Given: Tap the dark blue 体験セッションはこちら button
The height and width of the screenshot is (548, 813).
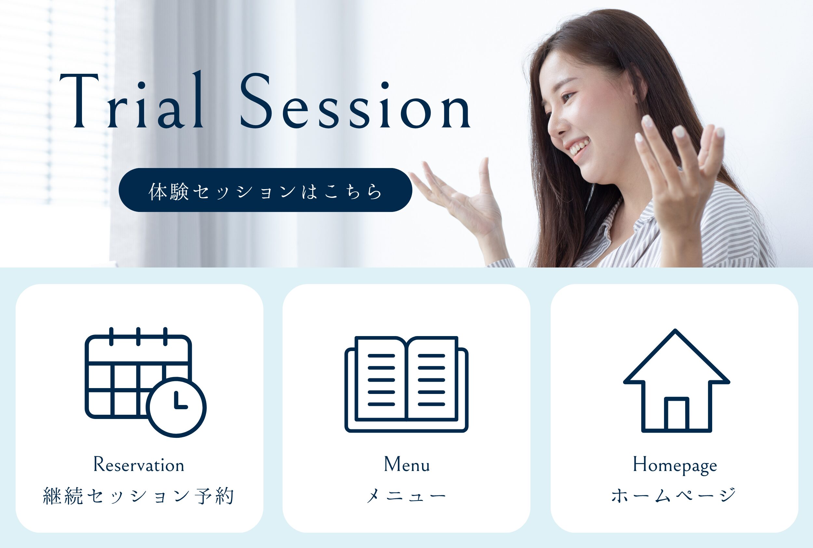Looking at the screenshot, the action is pos(265,190).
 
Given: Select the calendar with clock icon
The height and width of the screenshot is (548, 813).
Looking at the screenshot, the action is pos(145,382).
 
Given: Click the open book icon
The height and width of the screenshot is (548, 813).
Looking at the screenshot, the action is pos(406,384).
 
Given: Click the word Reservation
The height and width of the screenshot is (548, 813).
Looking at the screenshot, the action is pos(139,465).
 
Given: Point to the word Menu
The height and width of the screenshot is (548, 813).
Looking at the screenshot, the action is pos(407,464).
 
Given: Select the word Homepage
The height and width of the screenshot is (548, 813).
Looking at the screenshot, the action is pos(675,465).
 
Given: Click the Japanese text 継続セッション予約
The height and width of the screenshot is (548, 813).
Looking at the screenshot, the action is pos(139,496).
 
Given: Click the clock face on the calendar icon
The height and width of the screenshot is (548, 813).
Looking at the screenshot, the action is pos(176,407).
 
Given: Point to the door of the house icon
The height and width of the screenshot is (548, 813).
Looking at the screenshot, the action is pos(677,413).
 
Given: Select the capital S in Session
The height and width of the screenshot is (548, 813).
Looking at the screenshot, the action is pos(256,101).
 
